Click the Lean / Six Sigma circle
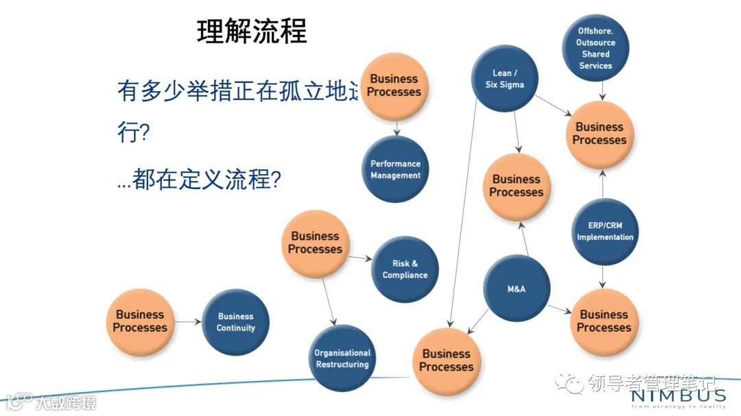tap(504, 79)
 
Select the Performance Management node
tap(395, 169)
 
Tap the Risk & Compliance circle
tap(405, 269)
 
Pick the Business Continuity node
tap(235, 322)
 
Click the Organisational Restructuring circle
tap(342, 358)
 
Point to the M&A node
tap(516, 289)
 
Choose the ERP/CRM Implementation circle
tap(604, 232)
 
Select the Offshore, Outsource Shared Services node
tap(595, 48)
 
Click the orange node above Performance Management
tap(395, 86)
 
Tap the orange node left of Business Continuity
tap(140, 321)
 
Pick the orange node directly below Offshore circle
tap(600, 134)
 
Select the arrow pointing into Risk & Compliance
tap(360, 259)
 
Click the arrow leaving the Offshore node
tap(601, 90)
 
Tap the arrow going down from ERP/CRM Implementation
tap(603, 277)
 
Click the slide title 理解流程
tap(252, 32)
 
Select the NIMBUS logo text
tap(677, 395)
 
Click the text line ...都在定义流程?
tap(199, 179)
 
